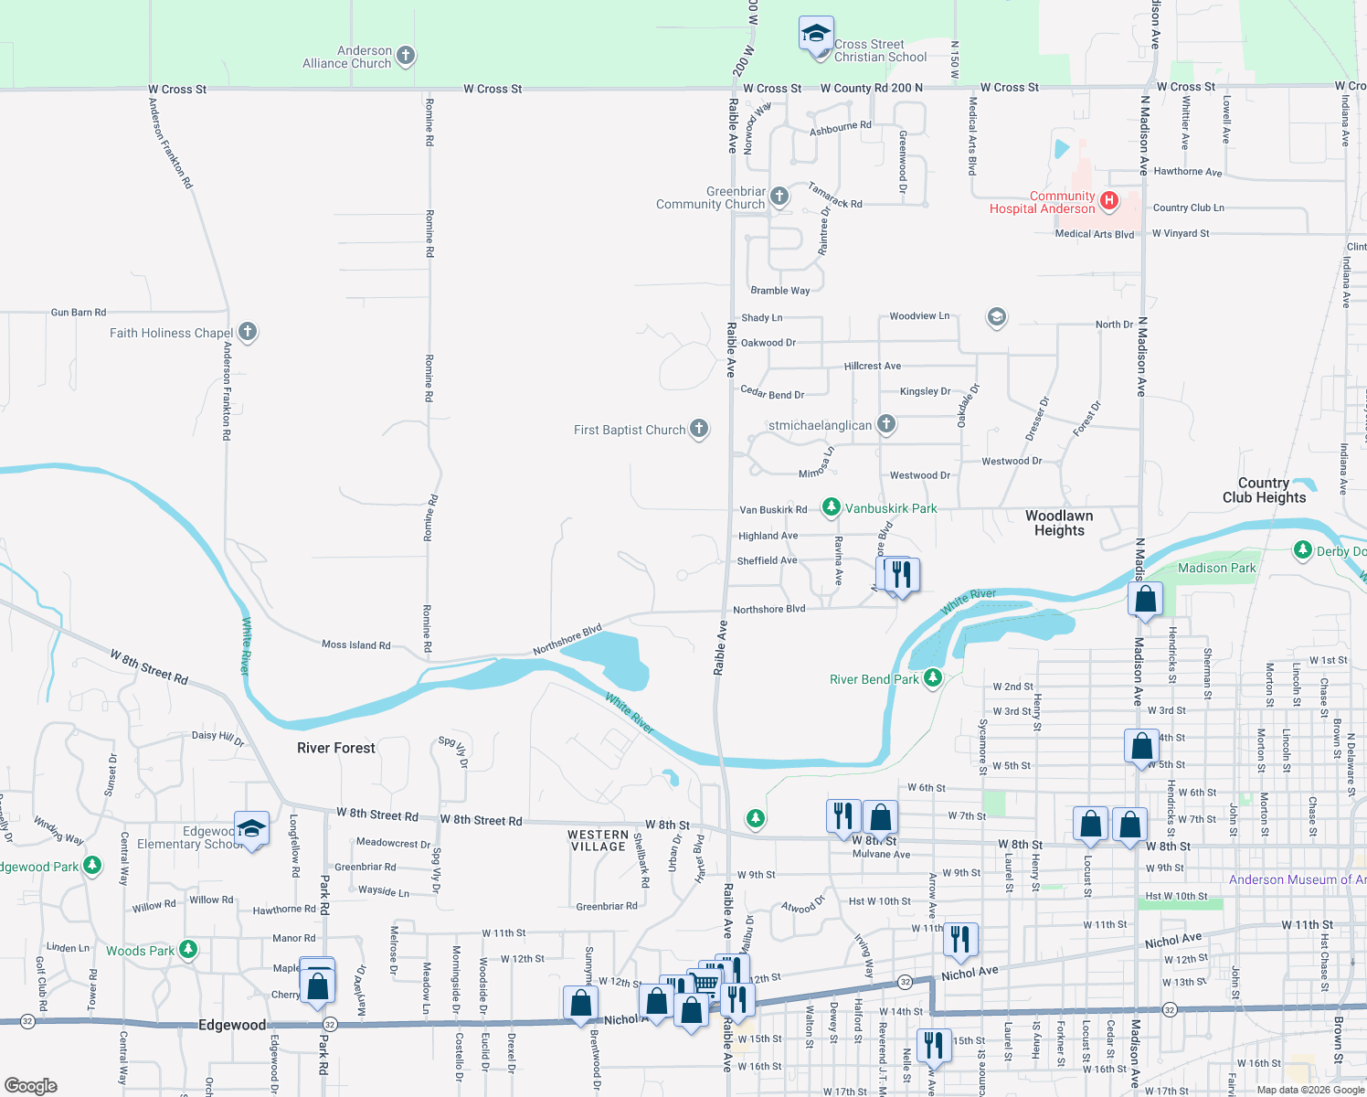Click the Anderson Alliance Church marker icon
click(406, 57)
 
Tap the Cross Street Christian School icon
click(815, 35)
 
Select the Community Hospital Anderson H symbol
click(1109, 201)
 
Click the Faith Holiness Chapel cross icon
click(248, 332)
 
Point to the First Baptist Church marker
click(699, 429)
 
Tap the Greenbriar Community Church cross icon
click(779, 196)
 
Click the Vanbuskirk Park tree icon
click(831, 507)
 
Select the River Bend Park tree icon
click(933, 678)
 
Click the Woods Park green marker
click(188, 950)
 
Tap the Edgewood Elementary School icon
click(251, 829)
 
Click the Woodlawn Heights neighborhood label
click(1059, 523)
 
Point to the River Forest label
click(336, 748)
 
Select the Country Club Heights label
click(1264, 490)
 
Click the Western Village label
click(598, 840)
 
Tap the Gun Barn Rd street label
click(79, 313)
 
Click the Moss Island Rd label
click(355, 644)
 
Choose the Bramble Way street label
click(779, 291)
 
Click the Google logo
click(31, 1086)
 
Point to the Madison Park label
click(1216, 568)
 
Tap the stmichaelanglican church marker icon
click(885, 424)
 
